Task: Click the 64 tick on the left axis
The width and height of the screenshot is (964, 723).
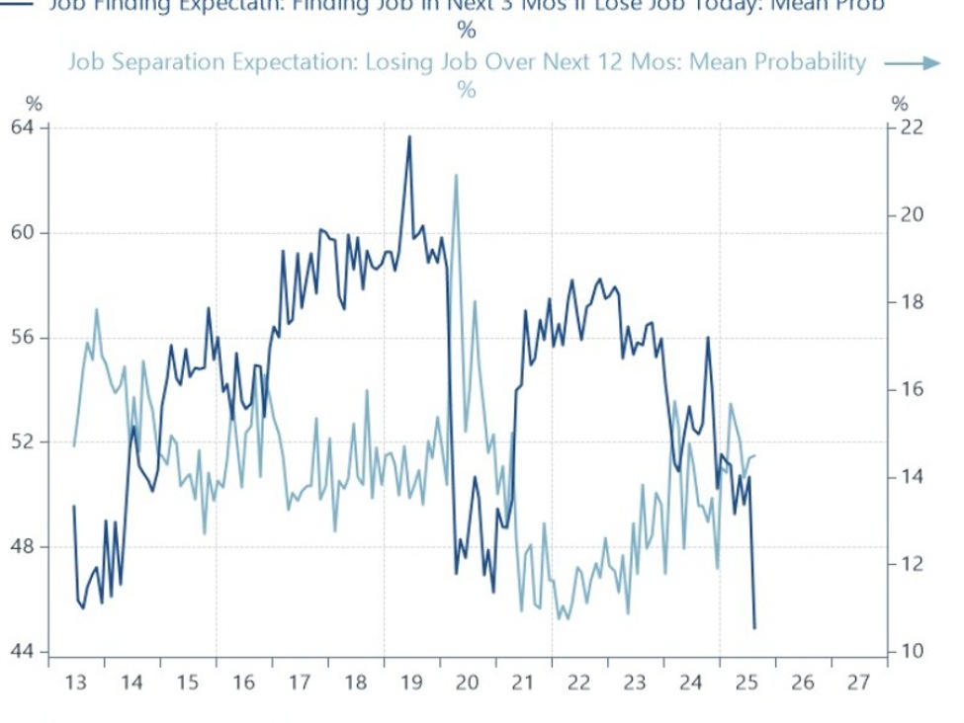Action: (23, 127)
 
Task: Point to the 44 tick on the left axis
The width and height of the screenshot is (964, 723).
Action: (23, 652)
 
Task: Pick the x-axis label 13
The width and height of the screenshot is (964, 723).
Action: (75, 683)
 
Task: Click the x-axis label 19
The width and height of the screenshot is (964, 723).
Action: (410, 683)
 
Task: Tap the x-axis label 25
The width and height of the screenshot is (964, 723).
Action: (746, 683)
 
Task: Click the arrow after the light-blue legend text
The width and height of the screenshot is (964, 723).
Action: (911, 63)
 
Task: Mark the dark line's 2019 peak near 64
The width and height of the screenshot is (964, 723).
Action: (409, 136)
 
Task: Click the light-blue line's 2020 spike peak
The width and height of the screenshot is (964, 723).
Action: (456, 175)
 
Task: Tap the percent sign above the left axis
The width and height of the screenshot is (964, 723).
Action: (34, 103)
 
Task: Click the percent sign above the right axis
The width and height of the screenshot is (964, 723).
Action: (899, 103)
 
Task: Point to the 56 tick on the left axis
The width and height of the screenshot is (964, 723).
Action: (23, 338)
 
